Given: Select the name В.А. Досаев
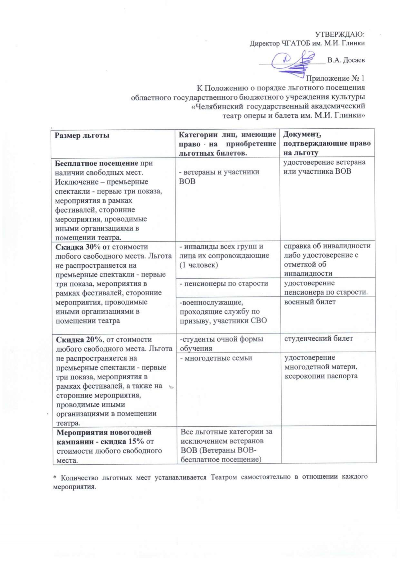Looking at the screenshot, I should (x=346, y=60).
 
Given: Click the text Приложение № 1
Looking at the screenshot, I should (x=335, y=78).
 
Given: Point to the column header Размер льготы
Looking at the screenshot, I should (x=82, y=135).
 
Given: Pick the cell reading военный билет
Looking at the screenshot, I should (x=310, y=302).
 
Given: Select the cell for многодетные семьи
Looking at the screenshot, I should (x=216, y=358).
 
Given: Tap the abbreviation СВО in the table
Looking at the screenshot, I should (x=258, y=321).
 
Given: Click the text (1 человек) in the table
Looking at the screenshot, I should (x=199, y=265).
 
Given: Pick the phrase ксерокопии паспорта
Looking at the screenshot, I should (x=321, y=376).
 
